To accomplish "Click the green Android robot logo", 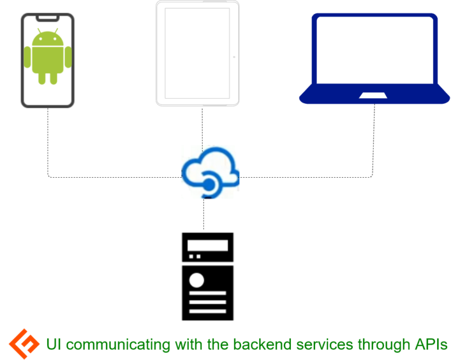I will coord(48,56).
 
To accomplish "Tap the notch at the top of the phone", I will coord(48,18).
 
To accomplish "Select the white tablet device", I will coord(197,53).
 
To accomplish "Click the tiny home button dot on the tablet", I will coord(234,58).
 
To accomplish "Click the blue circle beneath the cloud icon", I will coord(209,184).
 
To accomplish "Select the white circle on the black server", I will coord(197,280).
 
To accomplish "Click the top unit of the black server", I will coord(207,247).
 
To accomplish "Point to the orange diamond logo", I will coord(24,344).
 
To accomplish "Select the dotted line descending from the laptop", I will coord(374,138).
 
